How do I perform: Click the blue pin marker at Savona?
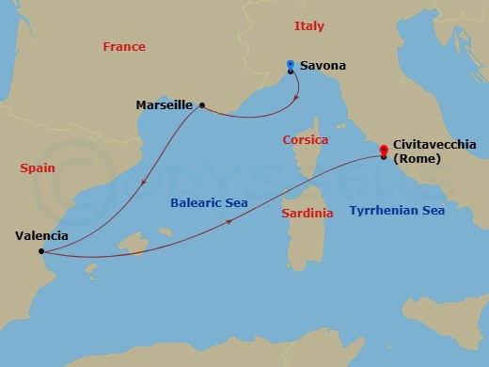[290, 66]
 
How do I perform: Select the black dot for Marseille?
[202, 104]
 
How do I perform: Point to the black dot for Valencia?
[40, 251]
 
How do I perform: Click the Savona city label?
[323, 66]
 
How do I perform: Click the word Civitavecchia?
[436, 144]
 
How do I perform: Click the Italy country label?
[308, 26]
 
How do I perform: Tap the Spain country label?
[38, 168]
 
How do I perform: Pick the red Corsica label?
[306, 140]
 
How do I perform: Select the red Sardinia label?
[308, 214]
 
